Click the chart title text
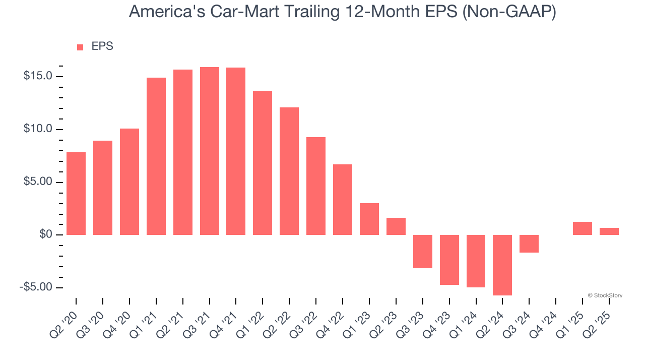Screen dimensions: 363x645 (342, 11)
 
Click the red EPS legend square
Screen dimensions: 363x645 (80, 47)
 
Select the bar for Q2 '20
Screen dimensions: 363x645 (76, 194)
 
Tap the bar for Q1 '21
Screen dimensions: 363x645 (156, 156)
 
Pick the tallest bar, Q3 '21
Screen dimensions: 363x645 (210, 151)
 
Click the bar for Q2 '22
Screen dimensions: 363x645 (289, 171)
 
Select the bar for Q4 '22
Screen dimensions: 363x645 (343, 200)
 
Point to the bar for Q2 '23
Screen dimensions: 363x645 (396, 226)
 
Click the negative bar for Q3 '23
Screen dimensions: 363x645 (423, 252)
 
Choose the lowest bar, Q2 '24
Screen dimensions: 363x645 (502, 265)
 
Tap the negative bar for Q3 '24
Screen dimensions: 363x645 (529, 244)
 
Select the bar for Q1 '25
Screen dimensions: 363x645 (583, 228)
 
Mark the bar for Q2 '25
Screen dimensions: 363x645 (609, 231)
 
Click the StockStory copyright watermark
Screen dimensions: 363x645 (605, 295)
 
